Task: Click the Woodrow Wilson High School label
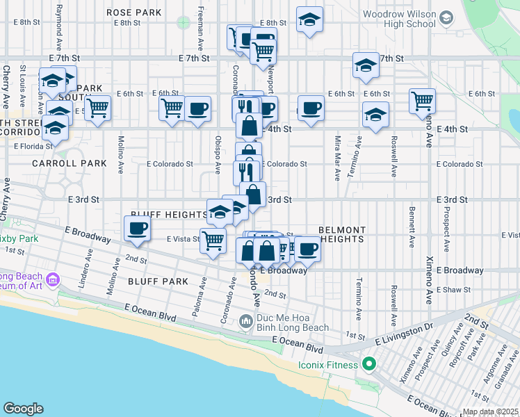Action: coord(399,19)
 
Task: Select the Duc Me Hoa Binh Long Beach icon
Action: coord(245,322)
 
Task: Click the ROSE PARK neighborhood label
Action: coord(133,13)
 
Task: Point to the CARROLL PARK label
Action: coord(69,163)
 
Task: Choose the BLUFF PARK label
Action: coord(159,281)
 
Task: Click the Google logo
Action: coord(23,409)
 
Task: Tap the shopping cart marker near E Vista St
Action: coord(213,241)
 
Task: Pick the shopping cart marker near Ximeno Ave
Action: coord(422,101)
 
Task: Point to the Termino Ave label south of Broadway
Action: coord(358,299)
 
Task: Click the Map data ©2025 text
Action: coord(490,411)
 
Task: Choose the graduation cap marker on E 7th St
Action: coord(365,66)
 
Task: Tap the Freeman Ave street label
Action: coord(200,29)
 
